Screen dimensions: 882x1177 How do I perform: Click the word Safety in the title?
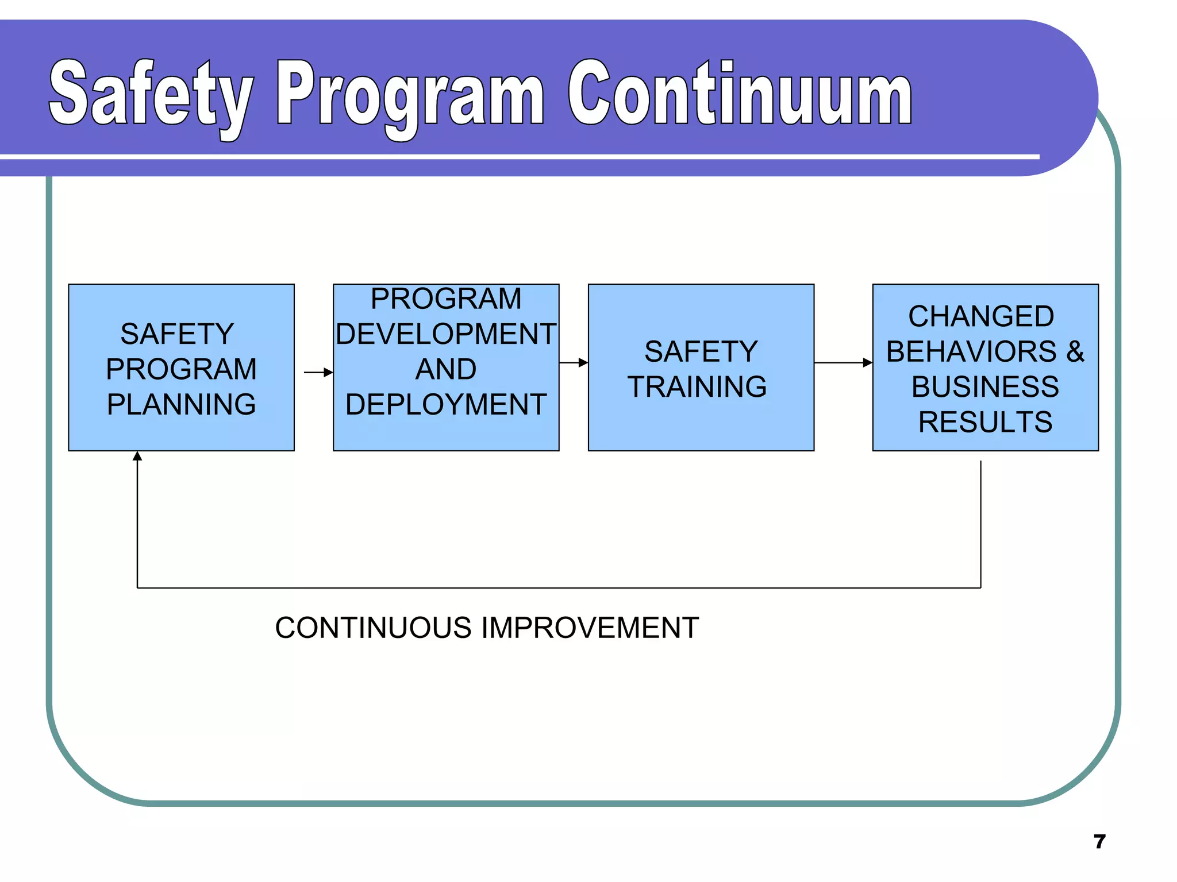[151, 95]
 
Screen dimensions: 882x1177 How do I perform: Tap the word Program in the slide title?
[410, 95]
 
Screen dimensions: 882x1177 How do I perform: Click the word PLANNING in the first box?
[181, 404]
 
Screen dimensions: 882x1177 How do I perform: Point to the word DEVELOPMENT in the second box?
[446, 334]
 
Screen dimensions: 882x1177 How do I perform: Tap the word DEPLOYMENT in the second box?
[446, 404]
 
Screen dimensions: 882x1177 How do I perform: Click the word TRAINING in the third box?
[697, 386]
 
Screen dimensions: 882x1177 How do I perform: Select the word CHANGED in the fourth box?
[981, 316]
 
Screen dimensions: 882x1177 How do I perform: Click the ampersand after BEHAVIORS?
[1075, 351]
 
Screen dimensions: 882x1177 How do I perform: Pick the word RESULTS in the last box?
[985, 422]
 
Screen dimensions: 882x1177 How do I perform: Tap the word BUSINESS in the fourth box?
[985, 386]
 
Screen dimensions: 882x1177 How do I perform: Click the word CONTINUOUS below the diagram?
[373, 628]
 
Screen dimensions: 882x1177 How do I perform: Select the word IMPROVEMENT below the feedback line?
[590, 628]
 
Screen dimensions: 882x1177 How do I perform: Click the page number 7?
[1099, 842]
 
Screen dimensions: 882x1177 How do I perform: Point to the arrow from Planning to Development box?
[318, 373]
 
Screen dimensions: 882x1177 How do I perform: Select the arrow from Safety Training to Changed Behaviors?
[843, 362]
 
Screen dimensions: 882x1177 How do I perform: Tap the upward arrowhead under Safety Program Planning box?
[137, 457]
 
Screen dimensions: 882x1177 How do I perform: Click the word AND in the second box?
[446, 369]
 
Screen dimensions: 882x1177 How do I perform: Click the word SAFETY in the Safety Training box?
[701, 351]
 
